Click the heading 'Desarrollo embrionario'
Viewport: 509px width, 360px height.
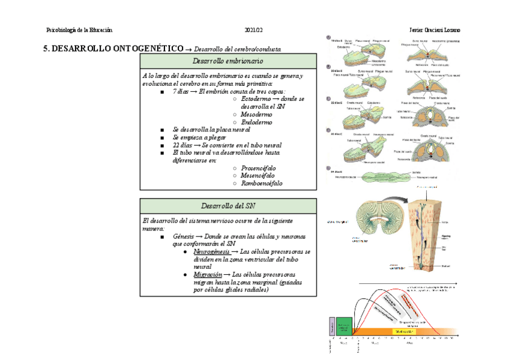tap(227, 61)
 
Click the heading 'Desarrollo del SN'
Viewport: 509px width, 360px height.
tap(227, 206)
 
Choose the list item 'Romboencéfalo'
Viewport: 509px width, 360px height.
tap(262, 184)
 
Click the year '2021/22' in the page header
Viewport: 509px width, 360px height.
tap(254, 31)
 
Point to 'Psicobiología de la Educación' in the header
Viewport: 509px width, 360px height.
tap(80, 31)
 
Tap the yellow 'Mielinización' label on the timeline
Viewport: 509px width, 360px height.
tap(403, 331)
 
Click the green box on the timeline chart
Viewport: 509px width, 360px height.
tap(344, 326)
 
